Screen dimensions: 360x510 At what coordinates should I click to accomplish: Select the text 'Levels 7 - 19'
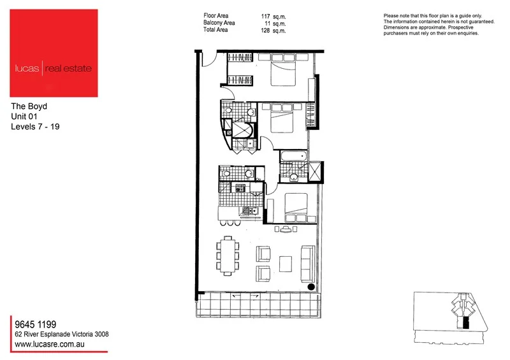tap(36, 127)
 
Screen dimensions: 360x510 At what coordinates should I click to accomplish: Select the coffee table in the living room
tap(286, 263)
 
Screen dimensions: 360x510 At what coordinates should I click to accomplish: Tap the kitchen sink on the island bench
tap(253, 211)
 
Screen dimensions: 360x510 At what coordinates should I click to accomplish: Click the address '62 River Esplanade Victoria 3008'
tap(60, 334)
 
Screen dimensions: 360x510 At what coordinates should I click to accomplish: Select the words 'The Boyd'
tap(29, 106)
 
